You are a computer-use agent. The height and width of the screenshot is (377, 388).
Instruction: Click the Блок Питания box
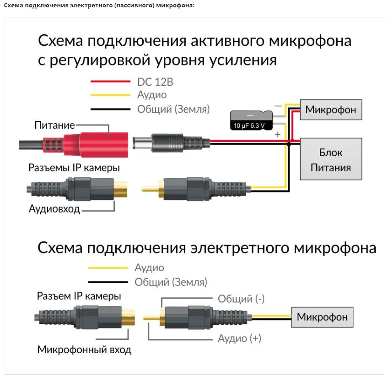[331, 159]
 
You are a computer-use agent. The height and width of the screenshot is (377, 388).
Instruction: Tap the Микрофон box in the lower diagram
[322, 317]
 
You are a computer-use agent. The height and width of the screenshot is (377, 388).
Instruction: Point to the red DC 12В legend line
[110, 82]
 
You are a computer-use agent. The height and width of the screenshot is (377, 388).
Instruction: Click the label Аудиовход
[54, 209]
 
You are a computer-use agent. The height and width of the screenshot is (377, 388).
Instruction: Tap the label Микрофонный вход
[84, 350]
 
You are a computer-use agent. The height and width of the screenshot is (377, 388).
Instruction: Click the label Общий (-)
[241, 299]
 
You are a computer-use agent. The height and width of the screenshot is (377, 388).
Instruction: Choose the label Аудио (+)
[239, 339]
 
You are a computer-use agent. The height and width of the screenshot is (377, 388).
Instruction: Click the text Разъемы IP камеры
[74, 168]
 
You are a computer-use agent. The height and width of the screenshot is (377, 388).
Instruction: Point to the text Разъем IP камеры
[79, 296]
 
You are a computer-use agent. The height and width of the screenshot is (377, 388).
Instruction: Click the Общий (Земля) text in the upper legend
[173, 109]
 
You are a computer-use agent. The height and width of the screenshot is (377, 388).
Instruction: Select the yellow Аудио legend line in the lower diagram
[108, 268]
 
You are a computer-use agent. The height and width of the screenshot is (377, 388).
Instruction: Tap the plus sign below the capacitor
[277, 135]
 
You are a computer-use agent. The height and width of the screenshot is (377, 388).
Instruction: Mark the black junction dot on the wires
[289, 144]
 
